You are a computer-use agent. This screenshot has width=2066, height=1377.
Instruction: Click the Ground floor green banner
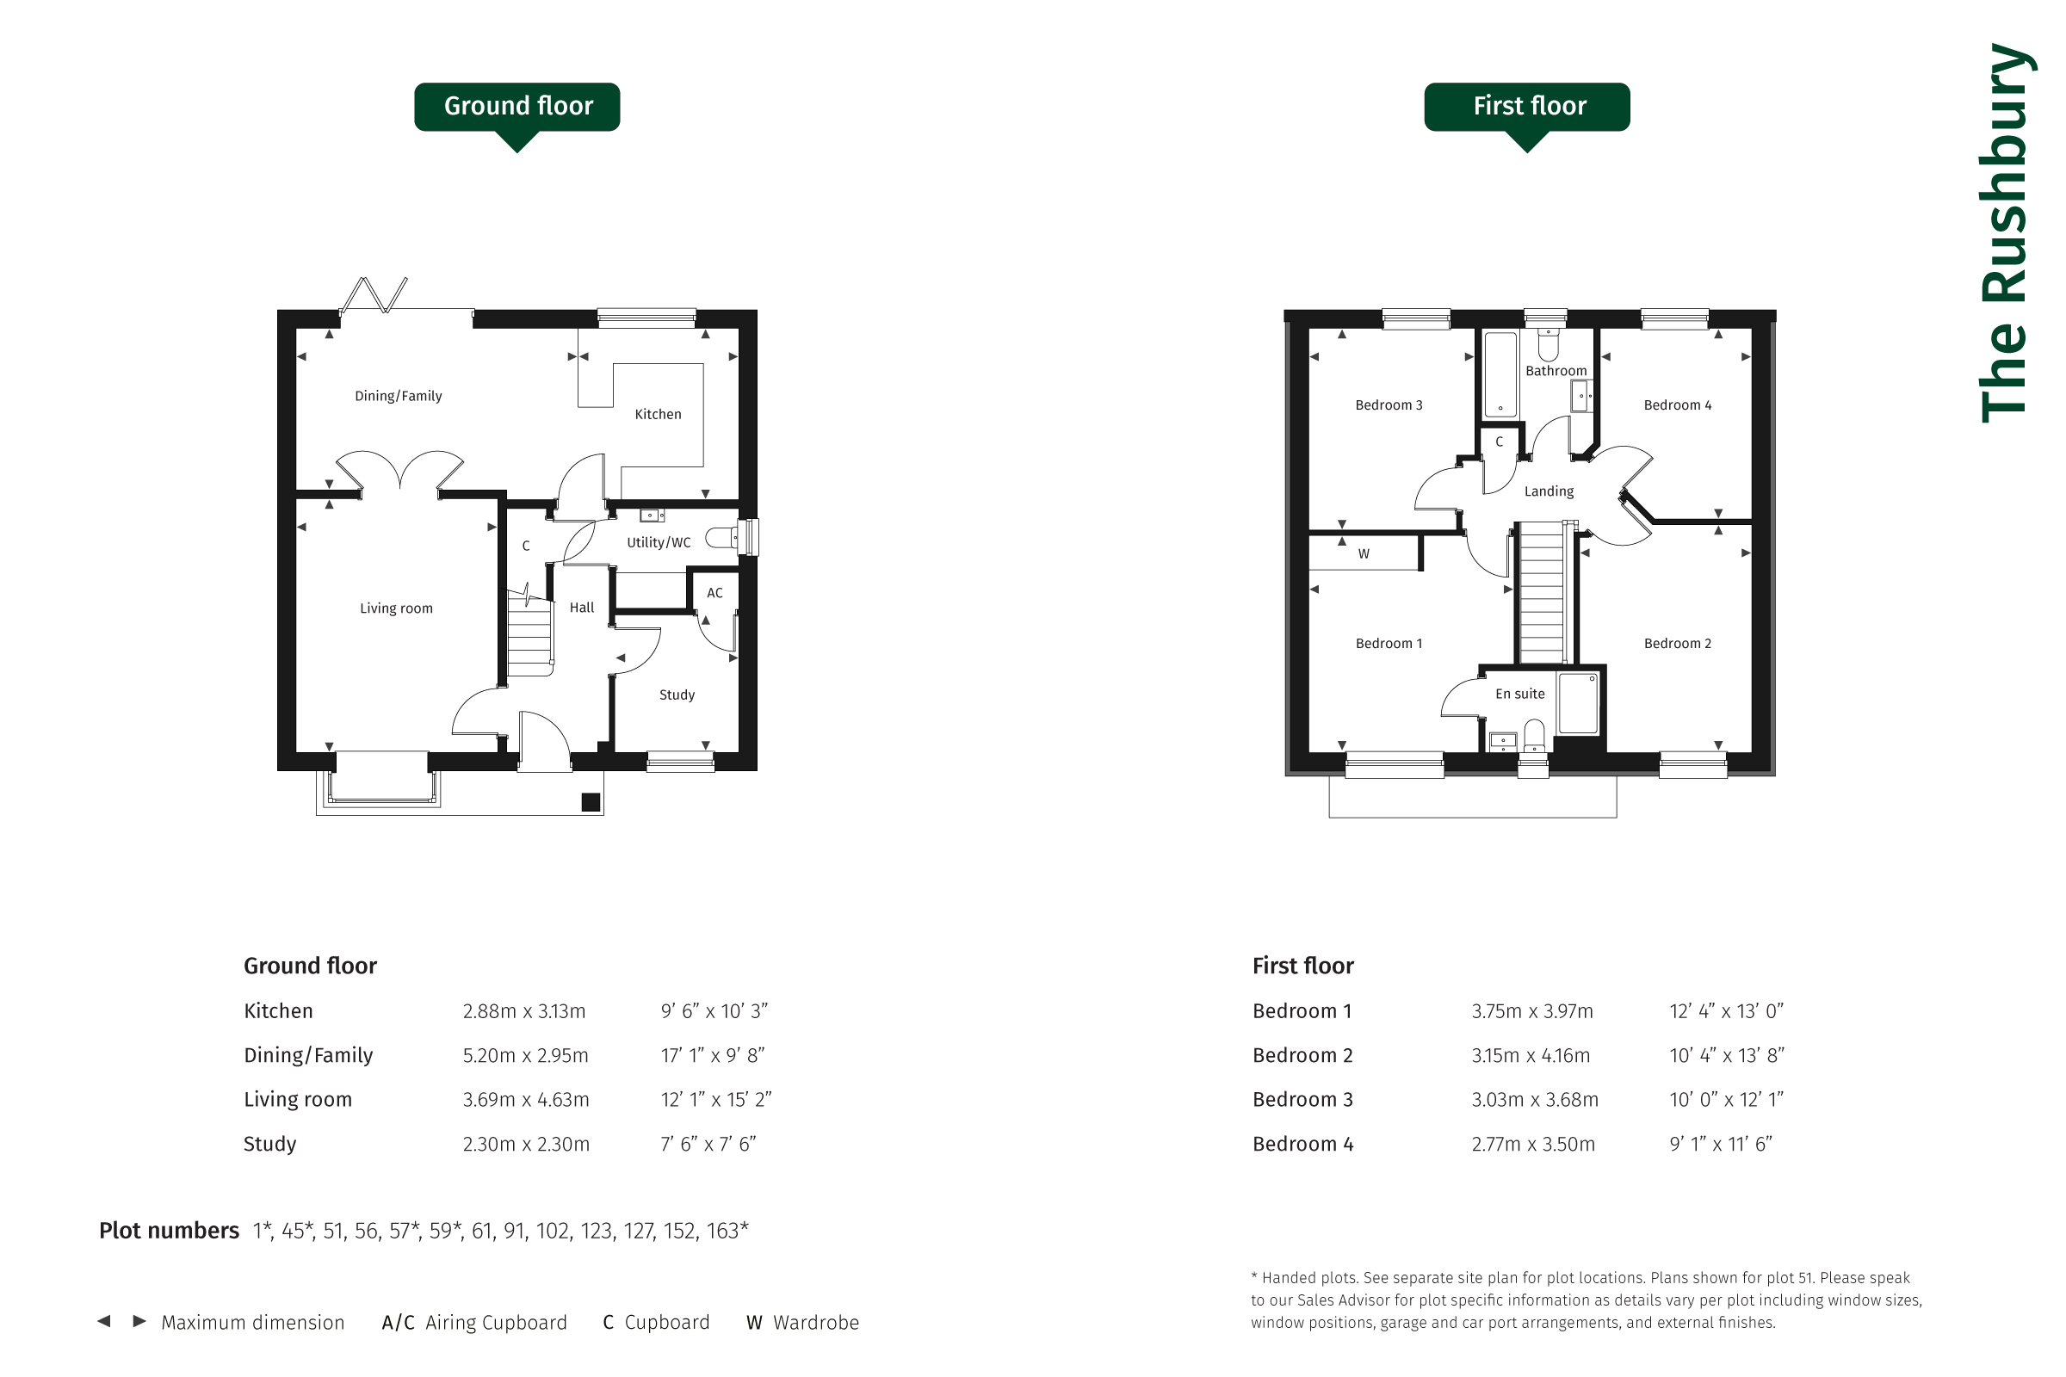(x=517, y=107)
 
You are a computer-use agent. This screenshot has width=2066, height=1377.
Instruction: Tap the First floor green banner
(x=1526, y=107)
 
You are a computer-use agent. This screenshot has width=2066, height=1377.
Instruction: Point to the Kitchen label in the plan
(x=658, y=415)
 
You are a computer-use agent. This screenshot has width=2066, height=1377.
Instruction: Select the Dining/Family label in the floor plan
(x=398, y=396)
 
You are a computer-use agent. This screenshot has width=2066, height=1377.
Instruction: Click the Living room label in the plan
(x=396, y=608)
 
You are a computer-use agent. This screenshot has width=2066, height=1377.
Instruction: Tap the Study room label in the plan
(x=677, y=695)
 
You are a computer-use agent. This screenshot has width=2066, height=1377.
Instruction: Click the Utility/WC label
(x=659, y=543)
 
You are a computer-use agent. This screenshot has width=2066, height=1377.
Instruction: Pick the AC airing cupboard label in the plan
(x=715, y=593)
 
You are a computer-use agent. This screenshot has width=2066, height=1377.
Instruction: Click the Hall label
(x=582, y=608)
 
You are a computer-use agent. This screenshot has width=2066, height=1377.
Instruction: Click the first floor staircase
(x=1542, y=593)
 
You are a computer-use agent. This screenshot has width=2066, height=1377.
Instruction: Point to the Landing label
(x=1549, y=491)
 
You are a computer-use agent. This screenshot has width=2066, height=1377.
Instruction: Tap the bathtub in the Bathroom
(x=1500, y=374)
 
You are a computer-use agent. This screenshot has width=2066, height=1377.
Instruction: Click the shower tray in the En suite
(x=1578, y=702)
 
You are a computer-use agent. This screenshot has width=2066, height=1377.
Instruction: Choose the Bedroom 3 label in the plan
(x=1389, y=404)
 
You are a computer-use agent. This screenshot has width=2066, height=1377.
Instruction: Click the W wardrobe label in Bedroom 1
(x=1364, y=554)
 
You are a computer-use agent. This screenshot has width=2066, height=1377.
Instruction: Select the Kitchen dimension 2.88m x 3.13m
(x=524, y=1012)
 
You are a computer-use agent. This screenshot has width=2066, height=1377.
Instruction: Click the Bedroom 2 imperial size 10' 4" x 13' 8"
(x=1727, y=1056)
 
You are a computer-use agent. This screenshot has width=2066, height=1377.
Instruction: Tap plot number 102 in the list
(x=553, y=1232)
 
